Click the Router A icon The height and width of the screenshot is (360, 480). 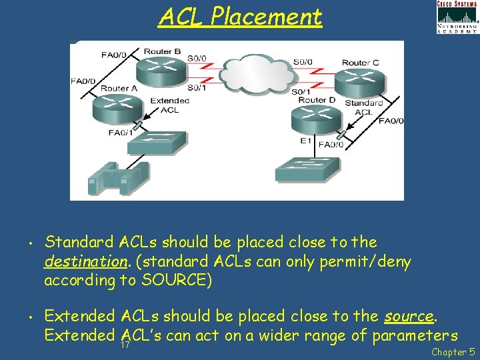[117, 107]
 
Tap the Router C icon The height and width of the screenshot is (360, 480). [360, 82]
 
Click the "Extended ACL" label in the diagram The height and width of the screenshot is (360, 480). [169, 105]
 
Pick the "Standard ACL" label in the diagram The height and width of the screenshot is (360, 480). [364, 107]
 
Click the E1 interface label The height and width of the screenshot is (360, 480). [306, 141]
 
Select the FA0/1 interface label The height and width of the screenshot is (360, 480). [121, 133]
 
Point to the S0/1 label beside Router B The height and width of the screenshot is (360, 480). [197, 87]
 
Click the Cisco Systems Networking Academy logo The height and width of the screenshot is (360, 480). [457, 17]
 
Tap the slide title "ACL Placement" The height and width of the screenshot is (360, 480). [240, 17]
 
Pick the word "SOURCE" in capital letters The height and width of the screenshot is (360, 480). [175, 280]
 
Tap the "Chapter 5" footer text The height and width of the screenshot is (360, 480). [453, 351]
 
